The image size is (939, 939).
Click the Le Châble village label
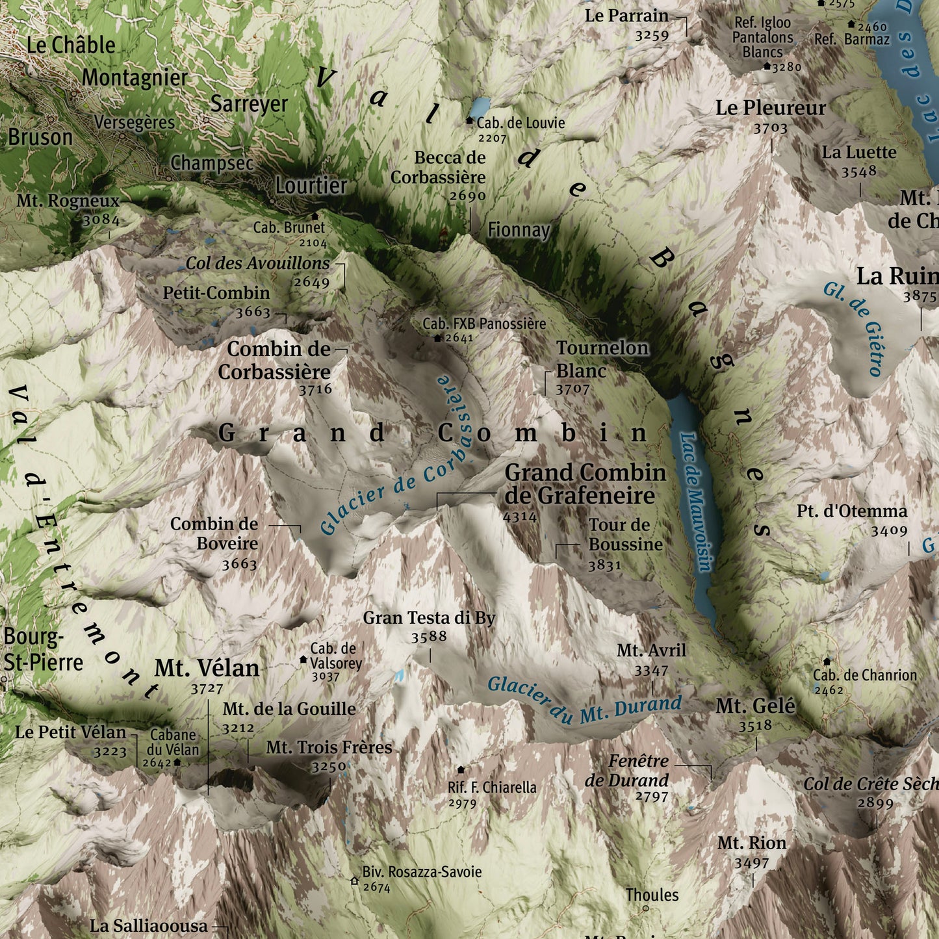tap(70, 45)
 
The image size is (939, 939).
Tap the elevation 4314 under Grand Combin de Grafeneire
tap(520, 517)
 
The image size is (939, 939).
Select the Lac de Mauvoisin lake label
tap(695, 502)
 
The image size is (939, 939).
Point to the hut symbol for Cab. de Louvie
tap(470, 121)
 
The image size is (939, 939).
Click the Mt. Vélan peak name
tap(207, 668)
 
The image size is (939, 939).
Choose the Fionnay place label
tap(519, 230)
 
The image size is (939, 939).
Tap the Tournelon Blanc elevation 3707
tap(572, 390)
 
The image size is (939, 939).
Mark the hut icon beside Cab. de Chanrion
tap(827, 662)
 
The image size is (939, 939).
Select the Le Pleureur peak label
tap(770, 108)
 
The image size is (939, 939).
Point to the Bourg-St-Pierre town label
tap(43, 650)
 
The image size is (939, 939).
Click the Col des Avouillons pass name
tap(257, 263)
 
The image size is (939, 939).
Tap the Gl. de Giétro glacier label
tap(853, 328)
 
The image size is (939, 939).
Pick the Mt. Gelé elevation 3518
tap(755, 726)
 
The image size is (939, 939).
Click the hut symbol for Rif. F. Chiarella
tap(461, 769)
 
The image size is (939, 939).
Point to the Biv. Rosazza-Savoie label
tap(422, 871)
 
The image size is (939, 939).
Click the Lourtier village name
tap(311, 186)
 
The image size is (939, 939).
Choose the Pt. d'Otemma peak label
tap(851, 511)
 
